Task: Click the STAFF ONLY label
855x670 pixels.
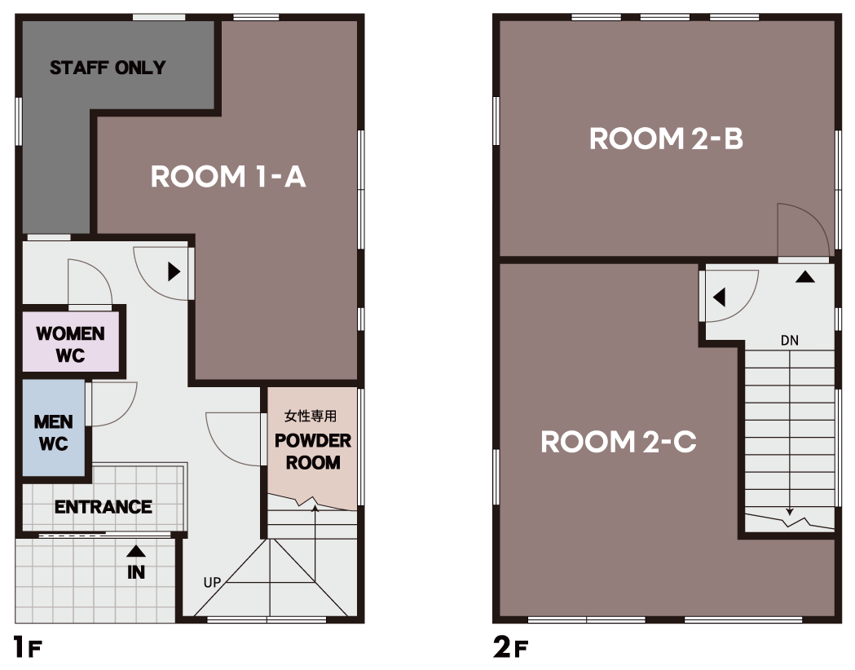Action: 108,68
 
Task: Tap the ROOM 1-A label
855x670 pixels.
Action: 228,177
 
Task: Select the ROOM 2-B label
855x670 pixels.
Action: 666,139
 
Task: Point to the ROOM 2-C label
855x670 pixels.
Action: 619,442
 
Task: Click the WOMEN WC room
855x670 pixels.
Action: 71,342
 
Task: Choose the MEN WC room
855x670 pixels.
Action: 54,427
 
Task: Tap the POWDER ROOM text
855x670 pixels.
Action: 313,452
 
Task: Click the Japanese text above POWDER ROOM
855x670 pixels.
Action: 311,416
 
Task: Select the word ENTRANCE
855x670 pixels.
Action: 103,507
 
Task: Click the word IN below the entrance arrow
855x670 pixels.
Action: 136,572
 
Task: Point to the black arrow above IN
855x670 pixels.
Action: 136,551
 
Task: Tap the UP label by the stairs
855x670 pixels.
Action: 212,582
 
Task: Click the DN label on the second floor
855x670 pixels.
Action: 790,341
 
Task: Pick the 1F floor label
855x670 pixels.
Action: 27,648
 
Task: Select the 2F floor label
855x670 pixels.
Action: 510,648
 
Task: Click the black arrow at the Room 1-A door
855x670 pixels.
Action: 174,271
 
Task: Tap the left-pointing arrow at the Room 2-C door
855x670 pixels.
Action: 719,298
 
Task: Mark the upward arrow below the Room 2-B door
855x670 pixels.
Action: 804,276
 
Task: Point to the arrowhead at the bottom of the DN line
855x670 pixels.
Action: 790,513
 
